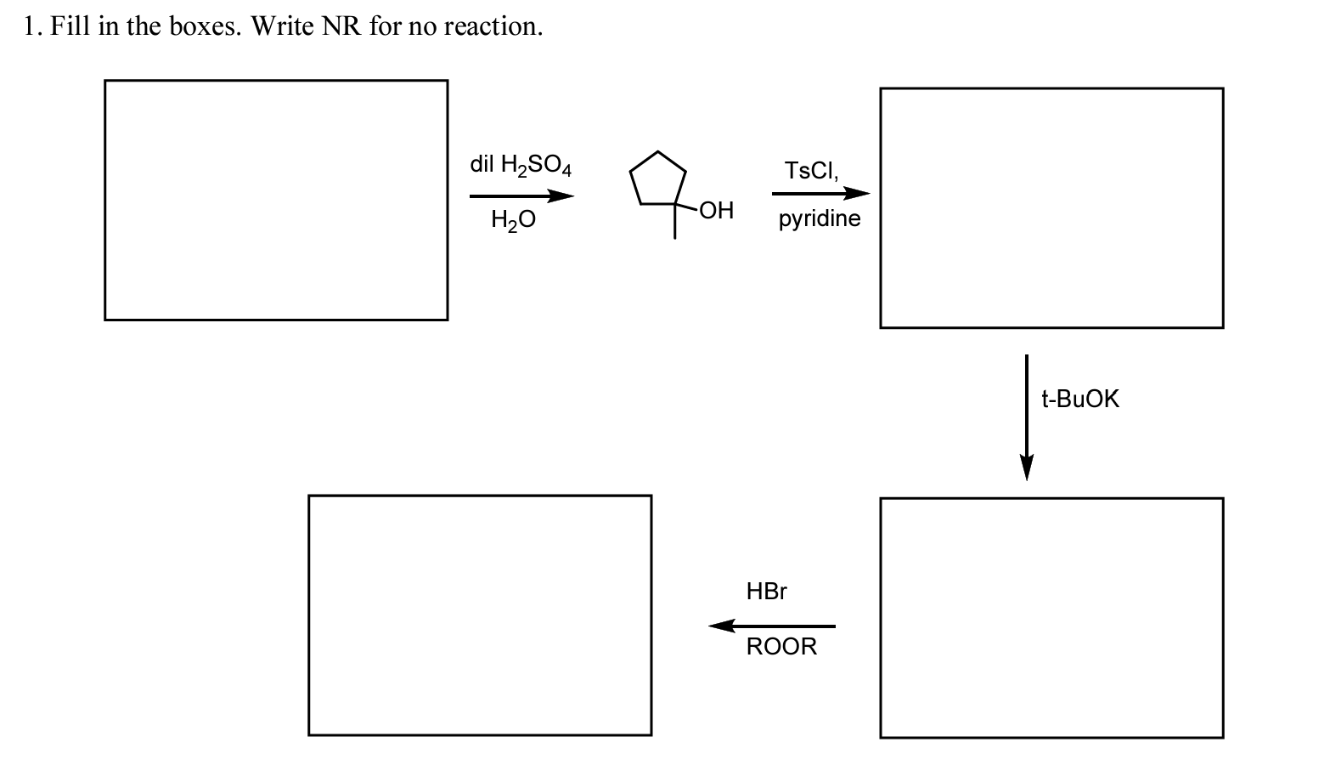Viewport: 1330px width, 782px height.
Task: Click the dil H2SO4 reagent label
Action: [521, 165]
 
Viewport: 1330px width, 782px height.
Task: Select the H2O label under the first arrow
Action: [513, 220]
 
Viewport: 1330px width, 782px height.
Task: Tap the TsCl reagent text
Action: [812, 171]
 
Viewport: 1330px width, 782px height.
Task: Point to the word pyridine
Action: [820, 219]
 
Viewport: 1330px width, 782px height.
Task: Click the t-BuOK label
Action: [1080, 399]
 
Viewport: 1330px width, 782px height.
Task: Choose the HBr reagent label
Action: [767, 592]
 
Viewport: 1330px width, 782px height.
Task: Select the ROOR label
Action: [781, 647]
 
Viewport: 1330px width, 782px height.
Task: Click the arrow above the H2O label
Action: [521, 196]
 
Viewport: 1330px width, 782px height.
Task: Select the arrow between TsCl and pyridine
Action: [820, 194]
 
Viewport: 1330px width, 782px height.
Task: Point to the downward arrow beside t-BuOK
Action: [1027, 416]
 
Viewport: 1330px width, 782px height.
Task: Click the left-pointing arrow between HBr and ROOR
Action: [771, 626]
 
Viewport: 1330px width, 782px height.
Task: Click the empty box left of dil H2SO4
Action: [276, 201]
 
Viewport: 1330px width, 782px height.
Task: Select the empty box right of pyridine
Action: [1051, 207]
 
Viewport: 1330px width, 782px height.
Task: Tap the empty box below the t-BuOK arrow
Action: [1051, 618]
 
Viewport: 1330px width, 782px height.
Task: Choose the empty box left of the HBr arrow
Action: [480, 615]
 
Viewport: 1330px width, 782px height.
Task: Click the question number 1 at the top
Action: [31, 27]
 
